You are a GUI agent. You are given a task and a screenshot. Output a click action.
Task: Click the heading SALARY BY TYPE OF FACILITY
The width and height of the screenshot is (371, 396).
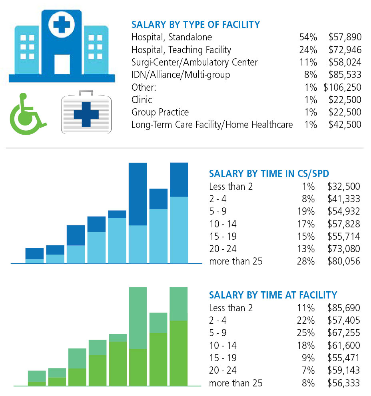tap(195, 25)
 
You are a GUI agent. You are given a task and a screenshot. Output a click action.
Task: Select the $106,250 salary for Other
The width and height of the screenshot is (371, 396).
tap(342, 87)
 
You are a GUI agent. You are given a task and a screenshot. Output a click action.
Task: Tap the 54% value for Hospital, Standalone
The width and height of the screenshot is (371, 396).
tap(308, 37)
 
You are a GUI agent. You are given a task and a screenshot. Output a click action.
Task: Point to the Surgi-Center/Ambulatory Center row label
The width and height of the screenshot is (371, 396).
tap(195, 62)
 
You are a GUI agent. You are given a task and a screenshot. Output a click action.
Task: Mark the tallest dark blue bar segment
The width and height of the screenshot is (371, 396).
tap(138, 194)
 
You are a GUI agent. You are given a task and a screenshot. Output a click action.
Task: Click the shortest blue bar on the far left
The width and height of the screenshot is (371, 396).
tap(34, 255)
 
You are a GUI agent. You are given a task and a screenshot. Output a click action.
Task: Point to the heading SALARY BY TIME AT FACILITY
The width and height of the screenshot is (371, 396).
tap(273, 295)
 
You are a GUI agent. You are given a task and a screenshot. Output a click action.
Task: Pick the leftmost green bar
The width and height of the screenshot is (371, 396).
tap(37, 378)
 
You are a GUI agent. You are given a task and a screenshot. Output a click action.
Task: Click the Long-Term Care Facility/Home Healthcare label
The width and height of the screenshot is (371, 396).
tap(212, 125)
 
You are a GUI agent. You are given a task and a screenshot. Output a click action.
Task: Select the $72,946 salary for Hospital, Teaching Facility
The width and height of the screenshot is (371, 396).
tap(345, 50)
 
